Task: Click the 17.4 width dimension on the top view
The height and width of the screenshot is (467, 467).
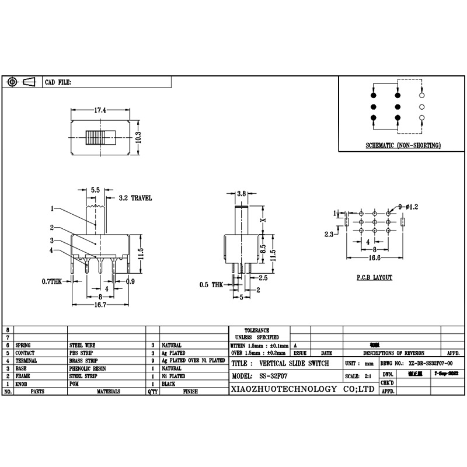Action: point(100,110)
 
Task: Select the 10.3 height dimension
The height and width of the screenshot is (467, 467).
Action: point(138,137)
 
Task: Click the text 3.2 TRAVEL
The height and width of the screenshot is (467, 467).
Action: point(135,198)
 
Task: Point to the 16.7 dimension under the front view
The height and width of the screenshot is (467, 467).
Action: point(100,305)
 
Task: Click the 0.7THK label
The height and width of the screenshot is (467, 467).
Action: point(52,281)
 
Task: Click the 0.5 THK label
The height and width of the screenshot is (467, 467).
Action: point(211,284)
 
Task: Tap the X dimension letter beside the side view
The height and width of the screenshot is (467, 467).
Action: point(263,220)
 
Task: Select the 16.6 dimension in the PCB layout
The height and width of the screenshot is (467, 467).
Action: point(374,256)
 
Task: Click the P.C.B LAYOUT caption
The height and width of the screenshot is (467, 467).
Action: point(374,278)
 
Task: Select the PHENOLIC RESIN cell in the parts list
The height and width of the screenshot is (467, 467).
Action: point(88,369)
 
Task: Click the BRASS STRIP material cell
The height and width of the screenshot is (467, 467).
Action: point(85,361)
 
